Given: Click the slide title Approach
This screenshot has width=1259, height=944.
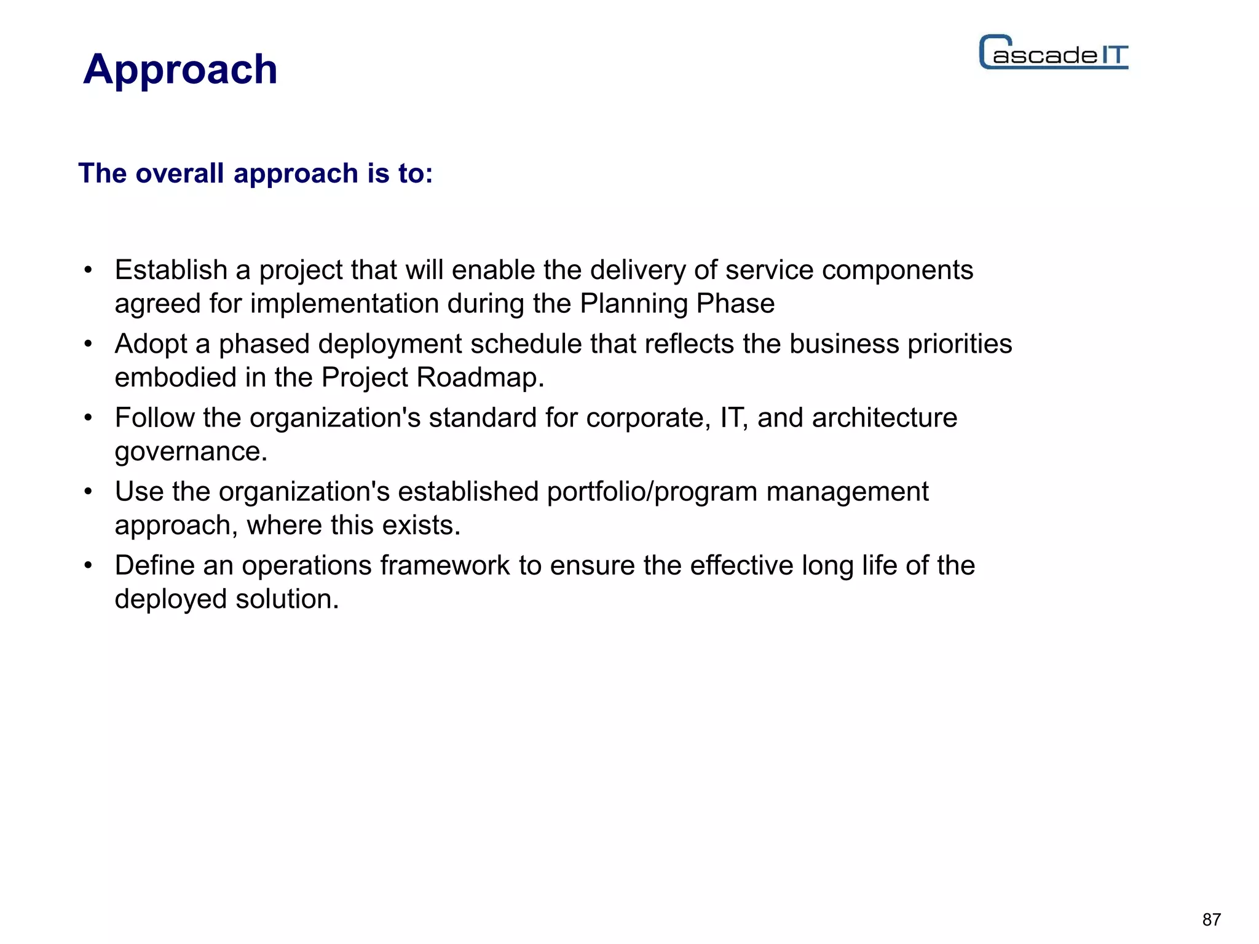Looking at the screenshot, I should coord(180,69).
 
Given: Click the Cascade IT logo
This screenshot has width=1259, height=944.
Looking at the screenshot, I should coord(1054,53).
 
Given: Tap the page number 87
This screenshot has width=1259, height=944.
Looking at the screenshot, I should coord(1211,919).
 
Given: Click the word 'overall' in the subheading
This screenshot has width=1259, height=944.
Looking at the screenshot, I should coord(180,173).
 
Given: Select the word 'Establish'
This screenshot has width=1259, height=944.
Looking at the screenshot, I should coord(171,270).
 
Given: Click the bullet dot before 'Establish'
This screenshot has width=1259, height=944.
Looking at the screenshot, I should coord(89,270).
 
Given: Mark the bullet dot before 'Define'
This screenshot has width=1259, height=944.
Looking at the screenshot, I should coord(89,565).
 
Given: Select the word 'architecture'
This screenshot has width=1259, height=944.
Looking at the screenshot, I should coord(884,418).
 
